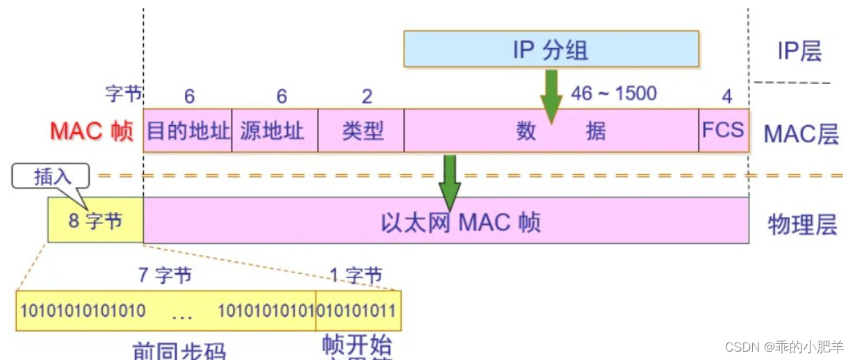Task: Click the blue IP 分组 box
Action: [551, 49]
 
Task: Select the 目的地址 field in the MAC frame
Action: [188, 131]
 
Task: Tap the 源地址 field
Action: [274, 131]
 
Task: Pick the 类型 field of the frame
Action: [361, 131]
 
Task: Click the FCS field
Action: [724, 131]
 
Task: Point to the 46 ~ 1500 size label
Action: [613, 93]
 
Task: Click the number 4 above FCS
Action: [726, 96]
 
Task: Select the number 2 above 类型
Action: [367, 96]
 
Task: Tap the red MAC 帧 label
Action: [91, 131]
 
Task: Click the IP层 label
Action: [799, 51]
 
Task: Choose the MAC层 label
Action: [801, 134]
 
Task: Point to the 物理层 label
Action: [801, 224]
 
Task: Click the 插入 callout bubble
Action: [51, 177]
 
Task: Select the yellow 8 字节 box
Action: [95, 221]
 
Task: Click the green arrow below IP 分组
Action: [551, 95]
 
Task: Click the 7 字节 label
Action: [164, 276]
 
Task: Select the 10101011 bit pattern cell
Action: [359, 310]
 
